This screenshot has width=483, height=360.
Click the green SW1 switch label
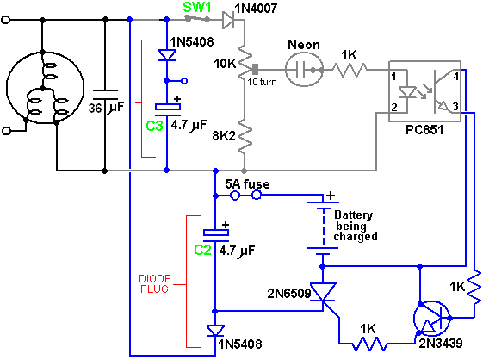pyautogui.click(x=197, y=8)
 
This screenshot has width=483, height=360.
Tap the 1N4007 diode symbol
pyautogui.click(x=228, y=20)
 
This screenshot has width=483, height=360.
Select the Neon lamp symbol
pyautogui.click(x=304, y=70)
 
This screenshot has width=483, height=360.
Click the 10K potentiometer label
pyautogui.click(x=225, y=64)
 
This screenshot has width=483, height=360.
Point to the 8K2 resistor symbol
pyautogui.click(x=245, y=136)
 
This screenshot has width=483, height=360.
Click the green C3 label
pyautogui.click(x=154, y=126)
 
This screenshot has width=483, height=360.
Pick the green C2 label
pyautogui.click(x=202, y=250)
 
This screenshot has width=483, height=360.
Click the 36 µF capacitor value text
pyautogui.click(x=106, y=108)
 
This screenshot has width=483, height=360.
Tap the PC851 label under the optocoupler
pyautogui.click(x=424, y=130)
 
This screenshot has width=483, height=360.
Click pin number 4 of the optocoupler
pyautogui.click(x=456, y=76)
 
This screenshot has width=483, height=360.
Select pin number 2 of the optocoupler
pyautogui.click(x=394, y=108)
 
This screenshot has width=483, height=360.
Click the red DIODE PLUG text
pyautogui.click(x=155, y=284)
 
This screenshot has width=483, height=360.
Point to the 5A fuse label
pyautogui.click(x=247, y=184)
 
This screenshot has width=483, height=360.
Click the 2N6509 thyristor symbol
pyautogui.click(x=323, y=293)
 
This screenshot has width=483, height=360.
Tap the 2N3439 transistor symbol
pyautogui.click(x=432, y=320)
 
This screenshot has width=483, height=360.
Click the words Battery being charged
pyautogui.click(x=355, y=226)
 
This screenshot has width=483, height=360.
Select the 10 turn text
pyautogui.click(x=262, y=82)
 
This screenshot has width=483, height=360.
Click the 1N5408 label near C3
pyautogui.click(x=192, y=42)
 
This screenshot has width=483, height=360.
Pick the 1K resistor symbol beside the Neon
pyautogui.click(x=350, y=70)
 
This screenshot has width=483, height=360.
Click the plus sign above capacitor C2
pyautogui.click(x=226, y=225)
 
